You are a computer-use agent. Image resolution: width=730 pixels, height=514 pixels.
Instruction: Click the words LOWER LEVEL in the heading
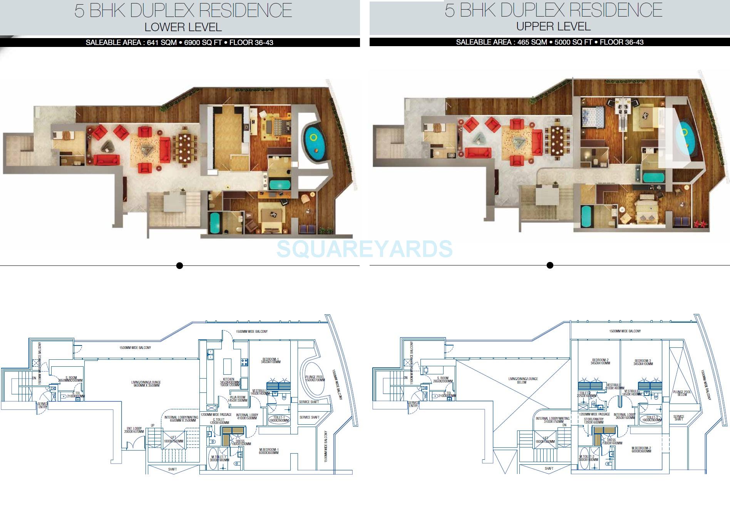[183, 27]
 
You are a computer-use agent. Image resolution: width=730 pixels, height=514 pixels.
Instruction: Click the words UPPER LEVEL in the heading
[553, 27]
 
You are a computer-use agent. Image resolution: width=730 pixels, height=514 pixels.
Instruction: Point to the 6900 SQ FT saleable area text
[203, 42]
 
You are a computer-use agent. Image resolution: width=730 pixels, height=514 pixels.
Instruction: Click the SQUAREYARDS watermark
[364, 249]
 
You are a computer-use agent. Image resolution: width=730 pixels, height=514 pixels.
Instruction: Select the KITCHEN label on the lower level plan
[229, 379]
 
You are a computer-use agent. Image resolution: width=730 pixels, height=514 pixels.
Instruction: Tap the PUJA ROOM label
[238, 398]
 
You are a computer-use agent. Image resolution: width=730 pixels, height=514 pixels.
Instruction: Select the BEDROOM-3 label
[643, 361]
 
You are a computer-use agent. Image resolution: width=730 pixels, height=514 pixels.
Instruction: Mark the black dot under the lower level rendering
[179, 265]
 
